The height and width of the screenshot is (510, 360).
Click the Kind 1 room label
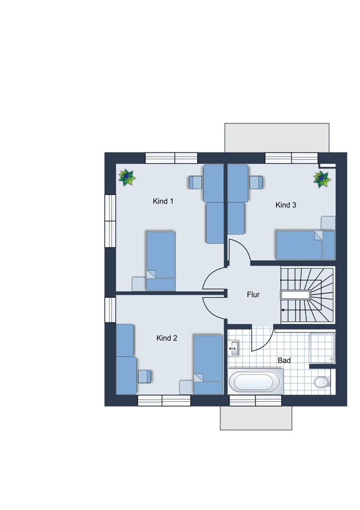coord(163,201)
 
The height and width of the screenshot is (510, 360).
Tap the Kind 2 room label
coord(167,338)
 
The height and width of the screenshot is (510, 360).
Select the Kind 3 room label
coord(286,205)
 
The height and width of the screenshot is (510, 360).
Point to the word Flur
coord(253,295)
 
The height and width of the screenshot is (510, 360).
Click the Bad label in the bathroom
coord(284,361)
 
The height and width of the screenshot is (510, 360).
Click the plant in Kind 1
coord(127,177)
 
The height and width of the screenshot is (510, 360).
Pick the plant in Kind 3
coord(322,179)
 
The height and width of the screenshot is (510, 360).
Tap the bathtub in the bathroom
coord(255,381)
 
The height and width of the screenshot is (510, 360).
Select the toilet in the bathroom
coord(322,382)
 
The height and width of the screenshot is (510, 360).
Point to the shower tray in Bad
coord(322,348)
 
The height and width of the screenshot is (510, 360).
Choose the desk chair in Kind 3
coord(256,182)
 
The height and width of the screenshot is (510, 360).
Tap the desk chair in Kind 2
coord(144,376)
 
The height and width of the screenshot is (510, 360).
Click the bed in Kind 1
coord(161,261)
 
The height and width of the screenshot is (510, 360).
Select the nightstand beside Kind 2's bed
coord(186,387)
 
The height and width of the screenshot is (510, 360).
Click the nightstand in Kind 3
coord(328,223)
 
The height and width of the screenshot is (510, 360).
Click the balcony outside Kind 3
coord(277,138)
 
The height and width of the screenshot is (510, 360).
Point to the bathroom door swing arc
coord(267,343)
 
